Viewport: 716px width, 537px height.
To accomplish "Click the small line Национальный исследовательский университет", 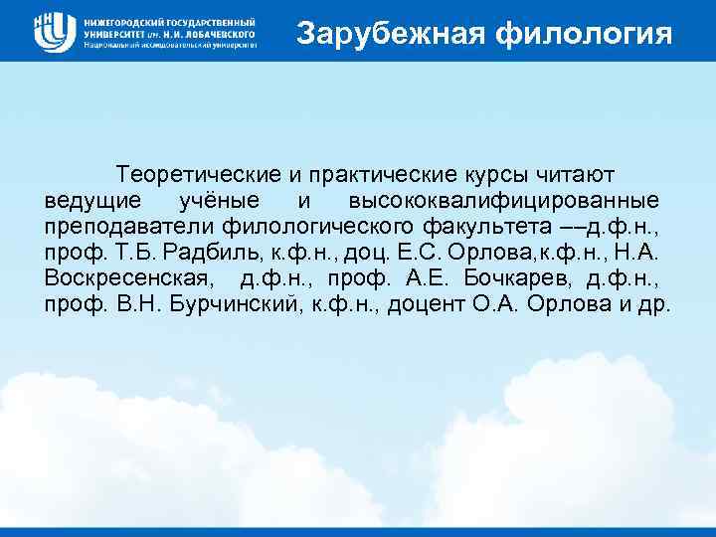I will click(x=170, y=45).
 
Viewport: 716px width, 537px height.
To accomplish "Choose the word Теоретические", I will click(x=200, y=175).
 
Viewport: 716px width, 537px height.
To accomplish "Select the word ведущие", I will click(x=90, y=201).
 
